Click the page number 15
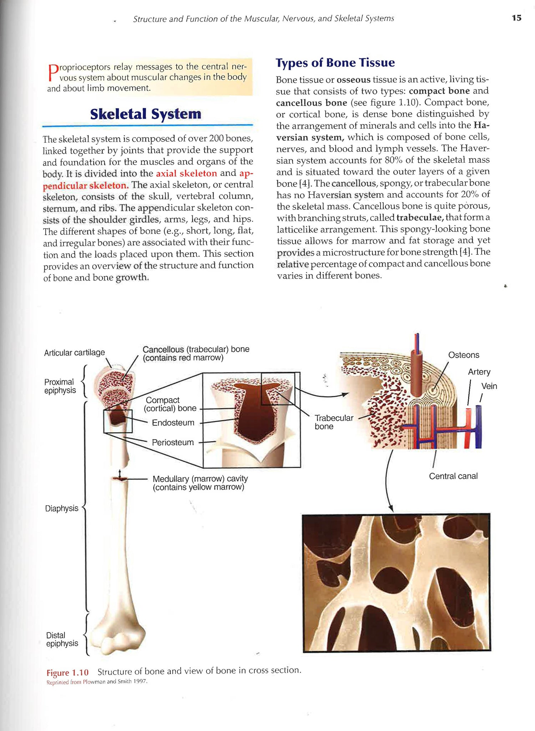[x=516, y=18]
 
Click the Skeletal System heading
[x=146, y=114]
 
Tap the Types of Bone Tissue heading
[x=335, y=63]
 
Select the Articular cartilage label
[x=74, y=352]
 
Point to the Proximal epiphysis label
[x=60, y=386]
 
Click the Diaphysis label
[x=61, y=508]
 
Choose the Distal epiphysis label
[x=62, y=639]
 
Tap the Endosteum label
[x=173, y=422]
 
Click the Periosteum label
[x=173, y=442]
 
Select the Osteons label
[x=463, y=355]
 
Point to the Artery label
[x=479, y=372]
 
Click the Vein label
[x=489, y=386]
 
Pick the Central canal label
[x=453, y=476]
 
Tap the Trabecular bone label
[x=333, y=422]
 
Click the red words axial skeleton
[x=186, y=173]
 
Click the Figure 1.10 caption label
[x=67, y=672]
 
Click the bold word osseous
[x=353, y=80]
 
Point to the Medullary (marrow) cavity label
[x=200, y=483]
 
